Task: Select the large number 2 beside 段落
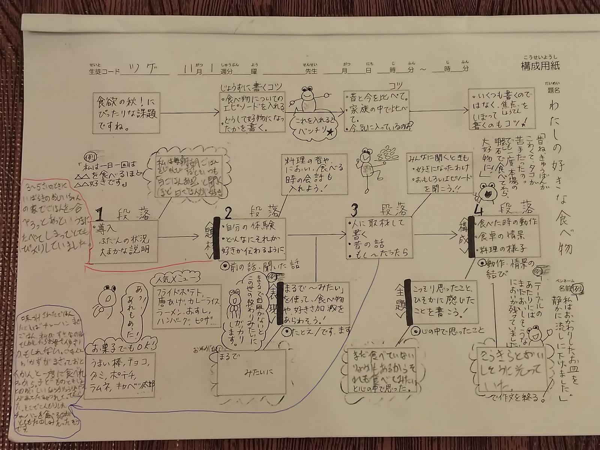coord(228,213)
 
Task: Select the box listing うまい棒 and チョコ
coord(120,375)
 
